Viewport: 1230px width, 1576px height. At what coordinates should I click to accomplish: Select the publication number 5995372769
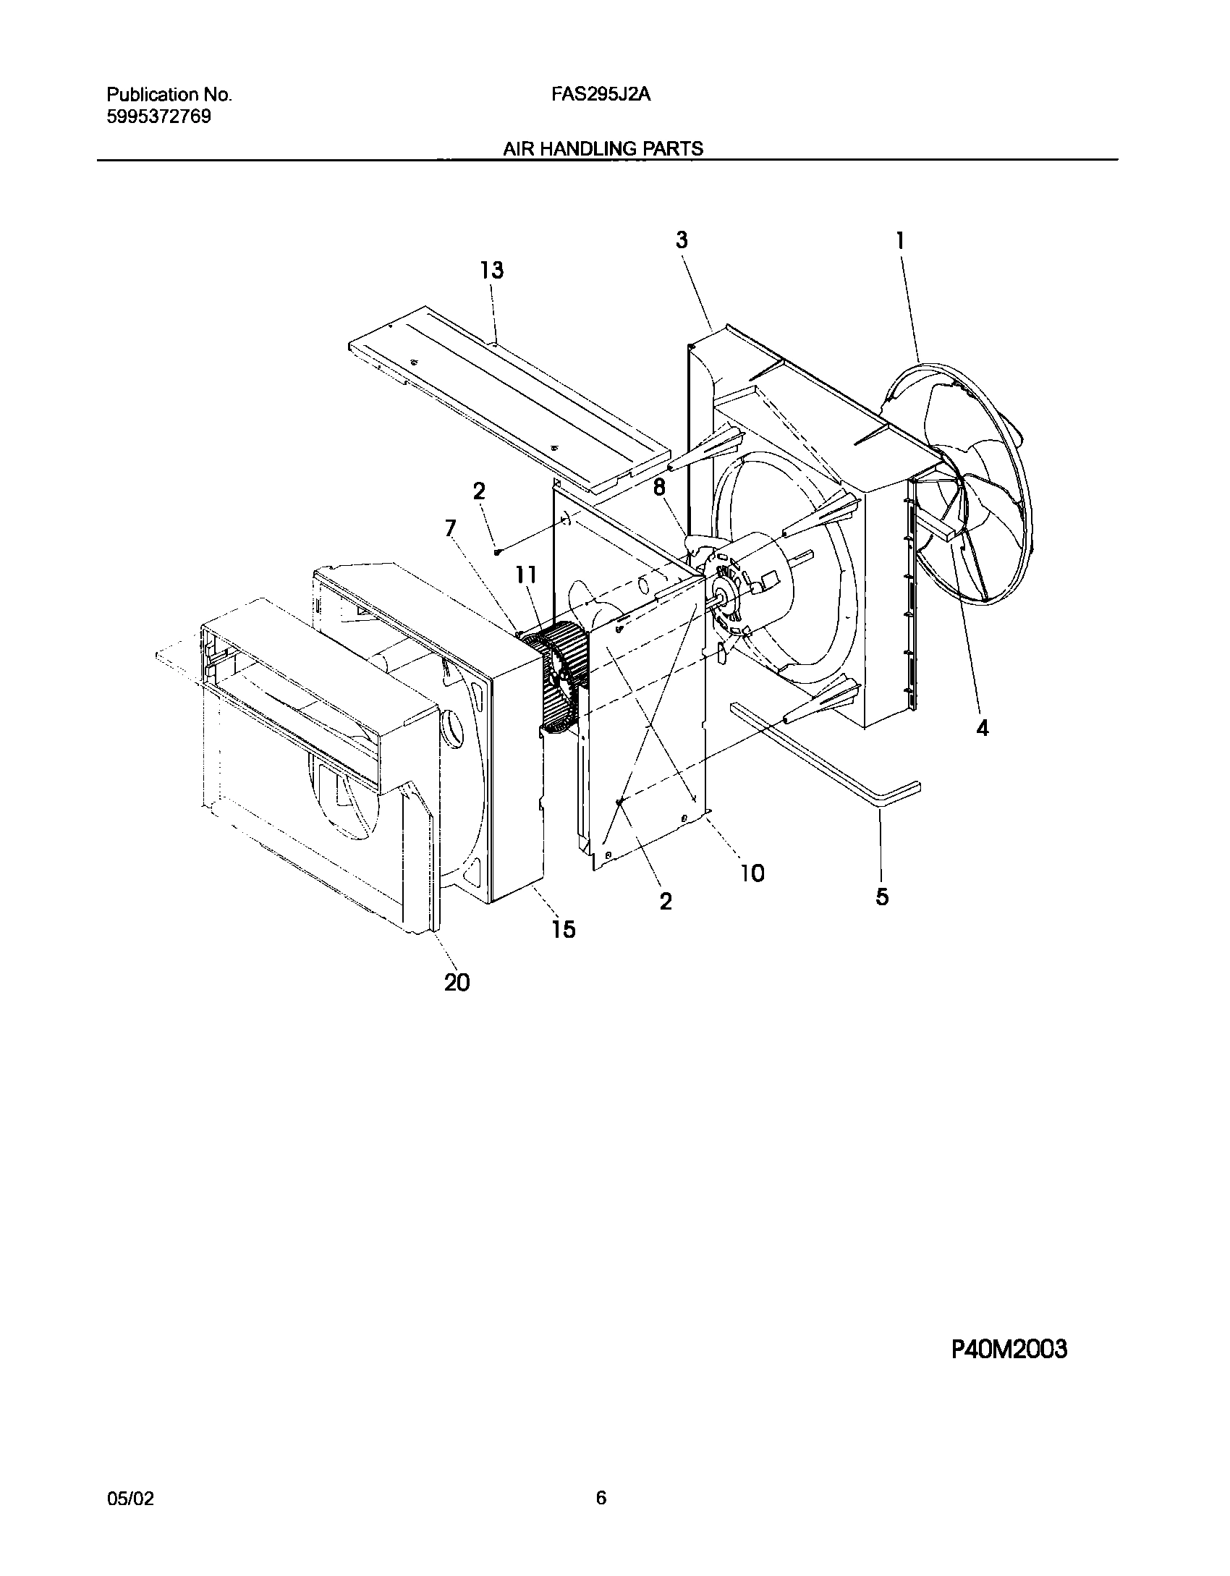pyautogui.click(x=158, y=116)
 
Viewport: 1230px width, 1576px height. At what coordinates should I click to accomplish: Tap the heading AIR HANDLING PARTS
pyautogui.click(x=602, y=149)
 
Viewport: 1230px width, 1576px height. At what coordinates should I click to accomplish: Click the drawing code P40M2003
pyautogui.click(x=1009, y=1350)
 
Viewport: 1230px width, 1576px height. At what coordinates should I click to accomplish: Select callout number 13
pyautogui.click(x=492, y=271)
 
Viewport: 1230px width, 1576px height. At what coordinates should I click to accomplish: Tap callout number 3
pyautogui.click(x=682, y=240)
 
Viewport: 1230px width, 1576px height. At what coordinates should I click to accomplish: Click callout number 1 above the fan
pyautogui.click(x=900, y=240)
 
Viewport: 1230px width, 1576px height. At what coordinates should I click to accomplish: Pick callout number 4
pyautogui.click(x=982, y=728)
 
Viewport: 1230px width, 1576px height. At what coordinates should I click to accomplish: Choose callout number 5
pyautogui.click(x=882, y=897)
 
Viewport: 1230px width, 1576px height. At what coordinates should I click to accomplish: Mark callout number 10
pyautogui.click(x=752, y=873)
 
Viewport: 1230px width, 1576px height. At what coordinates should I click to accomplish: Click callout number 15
pyautogui.click(x=564, y=928)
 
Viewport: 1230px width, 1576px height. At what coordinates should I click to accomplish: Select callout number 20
pyautogui.click(x=457, y=982)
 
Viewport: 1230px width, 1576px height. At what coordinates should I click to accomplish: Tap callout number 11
pyautogui.click(x=526, y=575)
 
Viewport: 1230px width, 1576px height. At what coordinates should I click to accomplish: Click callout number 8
pyautogui.click(x=659, y=488)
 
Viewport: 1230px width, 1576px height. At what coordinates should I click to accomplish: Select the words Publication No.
pyautogui.click(x=169, y=95)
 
